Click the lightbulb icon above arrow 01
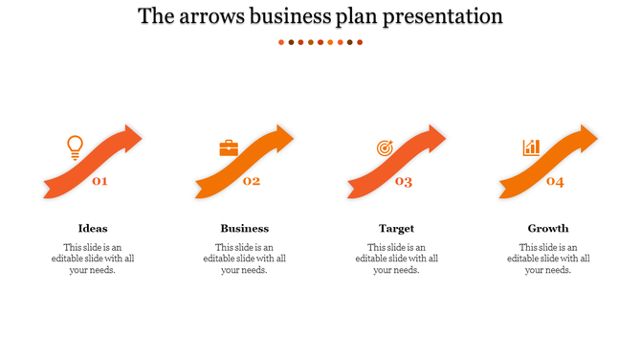tap(75, 147)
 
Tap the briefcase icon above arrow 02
tap(229, 147)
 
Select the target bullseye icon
tap(385, 148)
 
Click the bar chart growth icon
tap(531, 147)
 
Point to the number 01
tap(99, 181)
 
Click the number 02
tap(252, 181)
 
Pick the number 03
tap(404, 182)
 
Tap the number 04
tap(555, 181)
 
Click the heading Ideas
tap(93, 228)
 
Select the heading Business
tap(245, 228)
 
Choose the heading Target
tap(396, 228)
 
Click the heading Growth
tap(548, 228)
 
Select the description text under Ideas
tap(93, 258)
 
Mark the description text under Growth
tap(548, 258)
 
